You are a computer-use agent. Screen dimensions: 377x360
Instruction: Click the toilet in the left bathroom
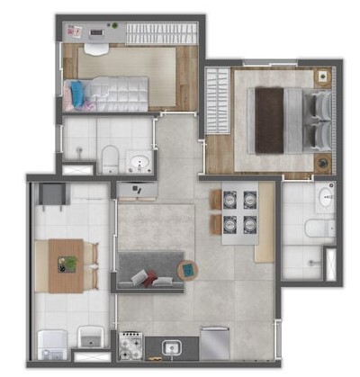[x=108, y=158]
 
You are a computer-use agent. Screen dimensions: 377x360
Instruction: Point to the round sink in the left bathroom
[x=138, y=163]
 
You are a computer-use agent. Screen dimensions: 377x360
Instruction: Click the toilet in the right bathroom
[x=312, y=228]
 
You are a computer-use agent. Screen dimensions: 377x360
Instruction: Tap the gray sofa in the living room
[x=150, y=269]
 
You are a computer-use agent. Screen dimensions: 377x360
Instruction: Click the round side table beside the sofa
[x=188, y=268]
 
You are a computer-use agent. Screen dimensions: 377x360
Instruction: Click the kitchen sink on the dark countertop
[x=170, y=346]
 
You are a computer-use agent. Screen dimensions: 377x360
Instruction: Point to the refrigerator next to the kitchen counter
[x=214, y=342]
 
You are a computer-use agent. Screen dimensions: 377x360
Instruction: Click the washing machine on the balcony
[x=49, y=341]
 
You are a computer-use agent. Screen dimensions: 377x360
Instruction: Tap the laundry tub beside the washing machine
[x=91, y=339]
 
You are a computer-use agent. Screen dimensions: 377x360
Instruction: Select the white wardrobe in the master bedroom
[x=218, y=103]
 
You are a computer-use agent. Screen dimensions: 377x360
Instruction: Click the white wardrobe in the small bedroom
[x=158, y=33]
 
